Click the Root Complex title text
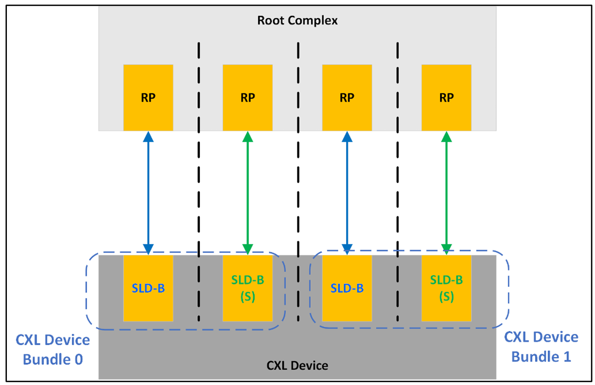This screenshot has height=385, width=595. coord(297,21)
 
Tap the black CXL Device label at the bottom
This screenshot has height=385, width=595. coord(297,365)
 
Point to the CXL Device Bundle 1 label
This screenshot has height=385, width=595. coord(541,347)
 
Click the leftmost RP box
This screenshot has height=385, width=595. coord(148,97)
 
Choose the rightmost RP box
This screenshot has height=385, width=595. coord(447,97)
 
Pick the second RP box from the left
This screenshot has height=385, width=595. coord(248,97)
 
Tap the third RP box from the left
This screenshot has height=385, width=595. coord(347,97)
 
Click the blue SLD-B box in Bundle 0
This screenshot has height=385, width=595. coord(148,288)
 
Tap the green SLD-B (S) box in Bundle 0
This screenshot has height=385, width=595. coord(248,288)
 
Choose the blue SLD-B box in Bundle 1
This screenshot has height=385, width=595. coord(347,288)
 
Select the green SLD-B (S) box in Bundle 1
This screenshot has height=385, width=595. coord(447,288)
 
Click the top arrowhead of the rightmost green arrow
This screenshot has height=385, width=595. coord(447,136)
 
